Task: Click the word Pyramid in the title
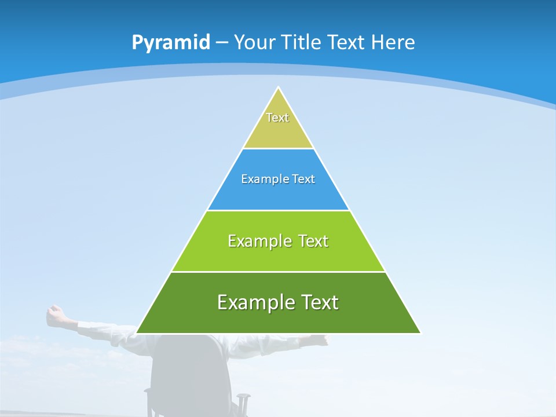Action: point(170,43)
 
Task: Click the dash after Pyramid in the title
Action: point(221,43)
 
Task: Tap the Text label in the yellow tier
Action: point(277,118)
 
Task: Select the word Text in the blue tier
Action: point(304,179)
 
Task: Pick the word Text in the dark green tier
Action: point(320,302)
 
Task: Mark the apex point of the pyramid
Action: point(279,88)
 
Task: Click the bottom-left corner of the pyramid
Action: point(137,332)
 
